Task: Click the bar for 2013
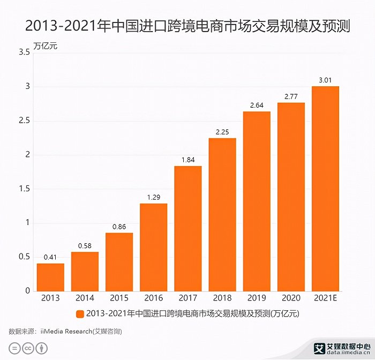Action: (x=50, y=277)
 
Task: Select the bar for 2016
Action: (x=154, y=247)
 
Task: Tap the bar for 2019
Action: (x=257, y=201)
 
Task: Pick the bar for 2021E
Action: (x=325, y=188)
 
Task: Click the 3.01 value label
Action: (x=325, y=80)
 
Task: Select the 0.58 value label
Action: (x=85, y=246)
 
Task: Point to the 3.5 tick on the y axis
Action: (x=24, y=52)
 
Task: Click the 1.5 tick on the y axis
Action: (x=24, y=189)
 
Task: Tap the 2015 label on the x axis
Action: (x=119, y=298)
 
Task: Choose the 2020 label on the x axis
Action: (x=291, y=298)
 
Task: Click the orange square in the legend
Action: (x=80, y=314)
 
